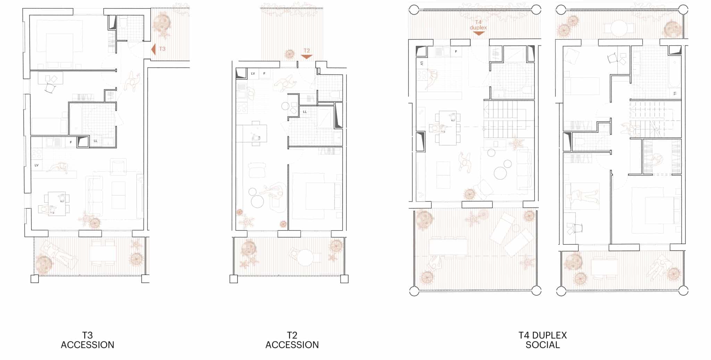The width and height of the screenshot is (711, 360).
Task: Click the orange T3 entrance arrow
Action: click(153, 49)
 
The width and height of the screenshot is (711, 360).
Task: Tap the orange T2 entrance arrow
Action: click(307, 57)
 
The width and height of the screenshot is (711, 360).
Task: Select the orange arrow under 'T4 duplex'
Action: click(478, 34)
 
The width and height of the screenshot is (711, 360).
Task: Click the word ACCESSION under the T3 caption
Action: click(87, 345)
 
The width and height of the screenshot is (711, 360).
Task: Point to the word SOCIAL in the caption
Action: click(543, 345)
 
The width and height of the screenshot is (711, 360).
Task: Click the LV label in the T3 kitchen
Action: click(36, 165)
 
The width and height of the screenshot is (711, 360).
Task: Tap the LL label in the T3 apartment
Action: click(95, 141)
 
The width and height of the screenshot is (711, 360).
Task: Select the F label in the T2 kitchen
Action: click(264, 74)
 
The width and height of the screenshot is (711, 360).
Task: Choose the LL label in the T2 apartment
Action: click(305, 112)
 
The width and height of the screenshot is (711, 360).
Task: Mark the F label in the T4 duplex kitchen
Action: click(456, 52)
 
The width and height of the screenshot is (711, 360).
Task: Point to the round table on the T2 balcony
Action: click(306, 258)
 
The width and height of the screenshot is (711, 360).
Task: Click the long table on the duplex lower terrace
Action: click(448, 247)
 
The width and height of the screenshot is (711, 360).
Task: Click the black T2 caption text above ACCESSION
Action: click(292, 335)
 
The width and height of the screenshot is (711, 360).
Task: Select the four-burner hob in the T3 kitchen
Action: click(36, 154)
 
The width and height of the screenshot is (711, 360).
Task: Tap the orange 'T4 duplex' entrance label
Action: click(478, 25)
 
